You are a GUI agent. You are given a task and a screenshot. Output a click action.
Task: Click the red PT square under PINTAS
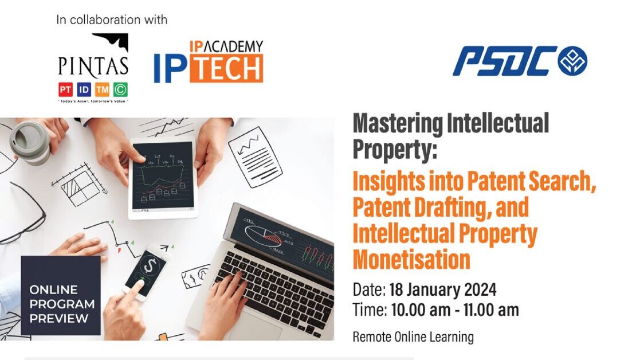point(65,89)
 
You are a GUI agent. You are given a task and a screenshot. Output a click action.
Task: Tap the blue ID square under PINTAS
point(84,89)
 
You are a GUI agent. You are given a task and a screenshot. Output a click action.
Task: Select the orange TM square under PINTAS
point(102,89)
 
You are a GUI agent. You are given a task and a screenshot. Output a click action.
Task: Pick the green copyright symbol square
point(120,89)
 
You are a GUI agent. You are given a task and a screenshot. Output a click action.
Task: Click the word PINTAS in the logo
point(93,66)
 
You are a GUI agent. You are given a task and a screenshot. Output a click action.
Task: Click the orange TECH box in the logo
point(226,69)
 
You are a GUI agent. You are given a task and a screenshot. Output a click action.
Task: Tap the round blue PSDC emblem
point(572,61)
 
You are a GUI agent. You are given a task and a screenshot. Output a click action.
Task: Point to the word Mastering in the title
point(398,124)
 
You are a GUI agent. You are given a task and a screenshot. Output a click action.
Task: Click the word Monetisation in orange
point(411,259)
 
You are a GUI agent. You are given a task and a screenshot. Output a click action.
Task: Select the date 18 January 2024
point(443,290)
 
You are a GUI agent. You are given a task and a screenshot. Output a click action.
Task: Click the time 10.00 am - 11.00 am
point(455,310)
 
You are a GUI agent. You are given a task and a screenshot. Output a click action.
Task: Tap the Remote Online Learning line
point(413,337)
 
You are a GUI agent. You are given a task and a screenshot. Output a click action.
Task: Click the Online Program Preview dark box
point(61,295)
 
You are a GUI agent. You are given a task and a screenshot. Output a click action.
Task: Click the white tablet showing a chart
point(163,177)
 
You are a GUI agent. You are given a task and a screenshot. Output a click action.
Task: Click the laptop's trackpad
point(254,327)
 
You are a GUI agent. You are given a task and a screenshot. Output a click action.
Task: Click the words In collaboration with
point(112,19)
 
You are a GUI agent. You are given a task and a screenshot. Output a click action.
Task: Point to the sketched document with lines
point(255,157)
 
